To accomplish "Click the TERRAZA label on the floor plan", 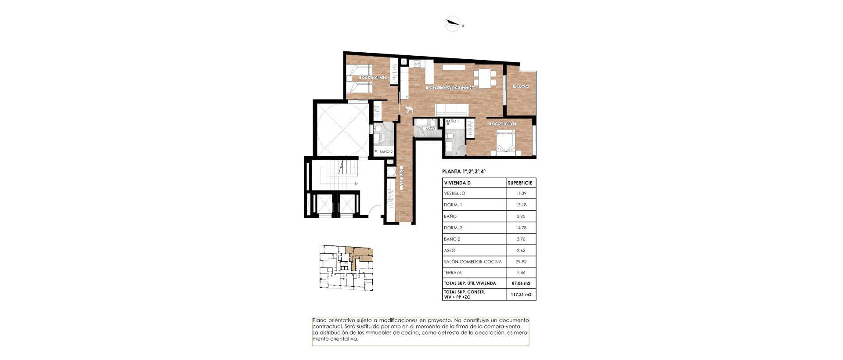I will tap(521, 86).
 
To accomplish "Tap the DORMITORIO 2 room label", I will tap(373, 78).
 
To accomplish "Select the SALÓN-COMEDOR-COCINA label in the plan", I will tap(451, 88).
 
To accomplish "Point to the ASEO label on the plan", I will tap(430, 129).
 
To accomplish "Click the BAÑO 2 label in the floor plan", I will tap(386, 151).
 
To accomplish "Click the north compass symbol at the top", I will tap(453, 23).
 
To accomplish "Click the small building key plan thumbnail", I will tap(345, 267).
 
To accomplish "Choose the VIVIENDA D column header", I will tap(457, 183).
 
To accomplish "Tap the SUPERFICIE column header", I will tap(520, 183).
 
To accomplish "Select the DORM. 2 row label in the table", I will tap(453, 228).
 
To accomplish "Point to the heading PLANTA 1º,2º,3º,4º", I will tap(464, 172).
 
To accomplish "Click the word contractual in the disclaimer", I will tap(327, 327).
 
